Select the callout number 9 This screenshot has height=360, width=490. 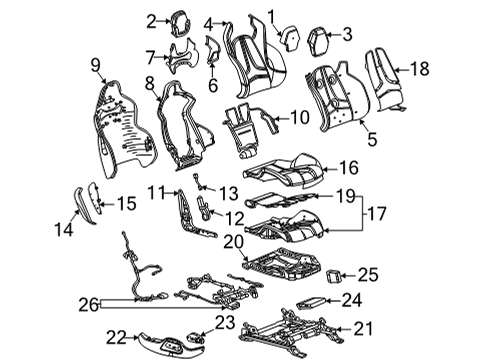tap(96, 66)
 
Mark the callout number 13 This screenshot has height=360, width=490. tap(229, 192)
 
